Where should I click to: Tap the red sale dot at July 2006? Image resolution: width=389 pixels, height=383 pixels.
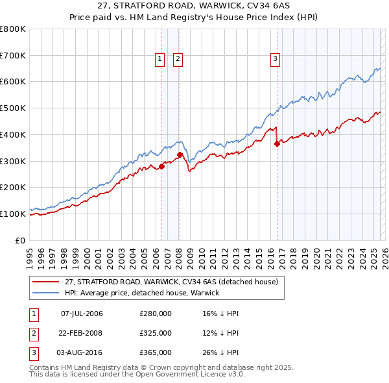pos(161,166)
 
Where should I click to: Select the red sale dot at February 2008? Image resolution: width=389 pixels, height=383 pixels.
pos(180,154)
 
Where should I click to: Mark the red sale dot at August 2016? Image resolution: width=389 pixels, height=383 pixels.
pos(277,144)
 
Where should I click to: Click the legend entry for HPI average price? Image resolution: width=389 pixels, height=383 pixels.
pos(142,293)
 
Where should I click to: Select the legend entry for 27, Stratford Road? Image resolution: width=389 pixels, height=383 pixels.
pos(171,282)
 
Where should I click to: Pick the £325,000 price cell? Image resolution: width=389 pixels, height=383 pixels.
pos(156,333)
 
